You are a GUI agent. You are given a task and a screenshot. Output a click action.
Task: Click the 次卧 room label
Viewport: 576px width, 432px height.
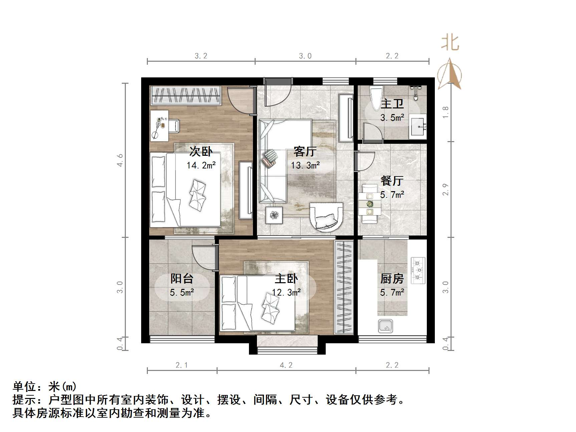(x=201, y=151)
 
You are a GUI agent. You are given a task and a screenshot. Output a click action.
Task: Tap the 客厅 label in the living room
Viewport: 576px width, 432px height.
(x=305, y=151)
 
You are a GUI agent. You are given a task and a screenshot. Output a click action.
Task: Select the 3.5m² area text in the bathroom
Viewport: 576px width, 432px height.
(x=392, y=118)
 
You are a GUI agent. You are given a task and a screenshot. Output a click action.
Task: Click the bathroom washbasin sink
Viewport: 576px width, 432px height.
(x=418, y=126)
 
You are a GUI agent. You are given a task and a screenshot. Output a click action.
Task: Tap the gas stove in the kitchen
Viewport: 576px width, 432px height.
(x=418, y=270)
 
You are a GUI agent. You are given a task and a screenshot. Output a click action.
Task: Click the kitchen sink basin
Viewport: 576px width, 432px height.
(x=385, y=326)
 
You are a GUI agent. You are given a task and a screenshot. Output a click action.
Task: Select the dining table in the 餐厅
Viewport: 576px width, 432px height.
(x=370, y=204)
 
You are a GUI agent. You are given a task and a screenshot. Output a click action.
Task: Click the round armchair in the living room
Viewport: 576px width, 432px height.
(x=326, y=217)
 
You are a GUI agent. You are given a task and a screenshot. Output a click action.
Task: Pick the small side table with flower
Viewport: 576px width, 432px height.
(x=274, y=215)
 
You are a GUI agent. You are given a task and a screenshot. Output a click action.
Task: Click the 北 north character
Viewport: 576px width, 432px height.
(x=450, y=43)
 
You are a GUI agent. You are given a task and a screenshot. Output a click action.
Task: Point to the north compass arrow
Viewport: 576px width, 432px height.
(x=450, y=75)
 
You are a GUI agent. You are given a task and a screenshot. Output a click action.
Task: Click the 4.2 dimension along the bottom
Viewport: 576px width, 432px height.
(x=286, y=365)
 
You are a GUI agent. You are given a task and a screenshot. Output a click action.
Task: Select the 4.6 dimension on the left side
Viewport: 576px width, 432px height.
(x=120, y=160)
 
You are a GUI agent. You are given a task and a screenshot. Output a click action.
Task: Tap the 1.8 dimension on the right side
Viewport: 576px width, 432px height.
(x=446, y=112)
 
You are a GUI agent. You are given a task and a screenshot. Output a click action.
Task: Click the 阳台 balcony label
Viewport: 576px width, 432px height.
(x=182, y=279)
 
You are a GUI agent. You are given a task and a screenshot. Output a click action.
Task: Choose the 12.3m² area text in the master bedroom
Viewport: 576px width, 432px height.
(x=286, y=293)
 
